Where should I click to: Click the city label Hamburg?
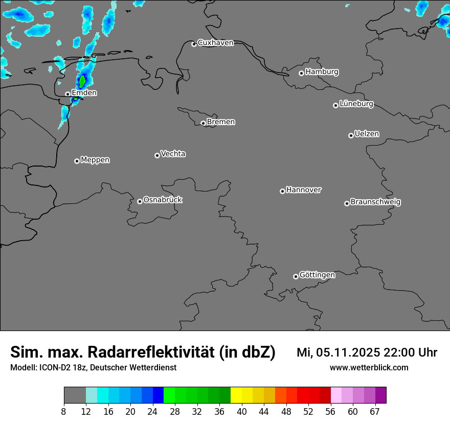(322, 72)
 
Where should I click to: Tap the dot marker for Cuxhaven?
(194, 44)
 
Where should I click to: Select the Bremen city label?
(221, 122)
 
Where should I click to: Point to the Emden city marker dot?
(67, 94)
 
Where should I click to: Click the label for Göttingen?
(317, 275)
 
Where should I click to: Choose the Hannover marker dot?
(282, 191)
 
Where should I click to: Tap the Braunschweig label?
(375, 202)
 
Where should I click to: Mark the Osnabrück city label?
(163, 200)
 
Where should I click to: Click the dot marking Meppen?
(77, 161)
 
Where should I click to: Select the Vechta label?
(173, 154)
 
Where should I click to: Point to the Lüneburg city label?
(356, 104)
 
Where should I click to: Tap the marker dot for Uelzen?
(351, 135)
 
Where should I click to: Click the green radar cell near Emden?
(82, 81)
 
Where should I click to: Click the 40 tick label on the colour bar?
(242, 412)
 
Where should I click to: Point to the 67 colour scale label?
(375, 412)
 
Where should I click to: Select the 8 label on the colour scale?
(64, 412)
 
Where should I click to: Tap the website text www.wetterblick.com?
(369, 368)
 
